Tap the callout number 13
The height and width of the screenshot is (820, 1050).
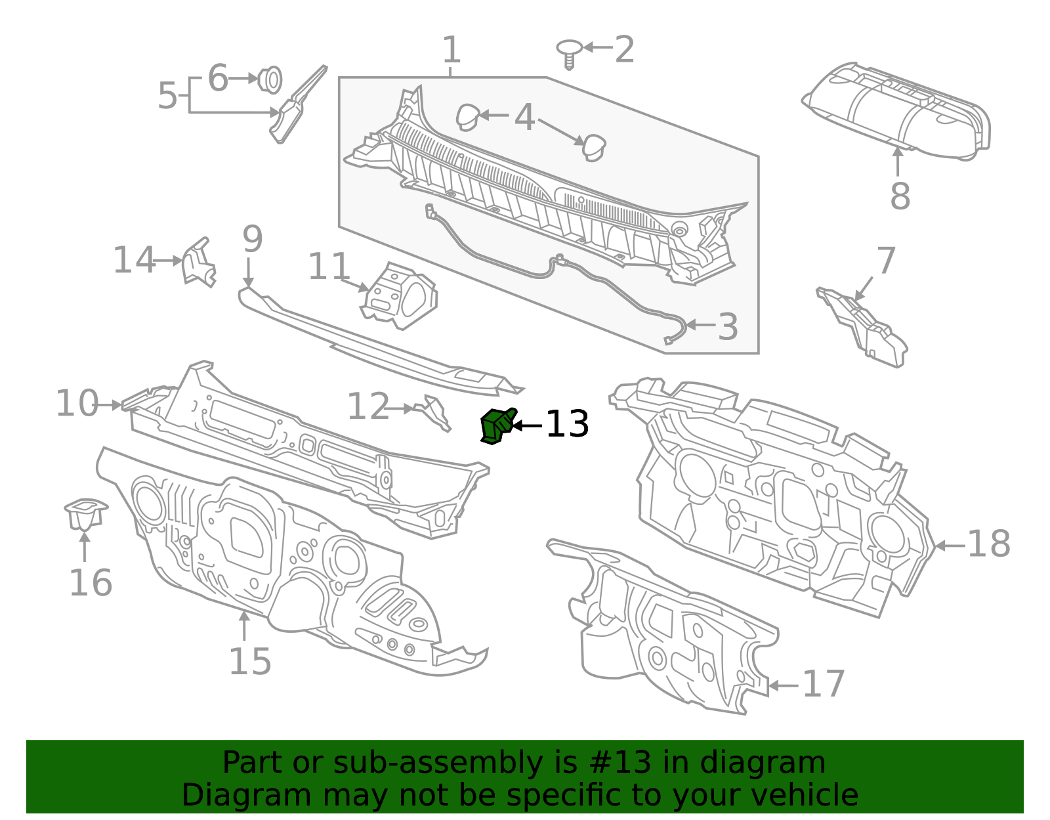(x=567, y=425)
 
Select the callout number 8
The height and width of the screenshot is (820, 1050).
(x=900, y=196)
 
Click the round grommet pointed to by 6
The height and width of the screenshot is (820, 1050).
(x=270, y=79)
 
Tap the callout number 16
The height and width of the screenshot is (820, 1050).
(x=91, y=583)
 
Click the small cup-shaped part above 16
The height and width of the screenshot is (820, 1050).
(x=86, y=513)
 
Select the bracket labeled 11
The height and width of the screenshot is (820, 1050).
(x=398, y=296)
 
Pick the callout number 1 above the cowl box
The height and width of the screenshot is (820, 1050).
(x=451, y=50)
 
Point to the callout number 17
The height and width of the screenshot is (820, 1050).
(x=824, y=684)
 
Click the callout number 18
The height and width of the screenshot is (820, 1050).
(x=988, y=544)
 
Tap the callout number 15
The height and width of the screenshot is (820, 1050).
(x=249, y=661)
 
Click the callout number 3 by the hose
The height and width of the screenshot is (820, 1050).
(x=727, y=327)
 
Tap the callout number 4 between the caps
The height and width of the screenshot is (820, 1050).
(x=524, y=118)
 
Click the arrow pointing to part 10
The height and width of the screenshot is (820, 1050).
(x=110, y=405)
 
